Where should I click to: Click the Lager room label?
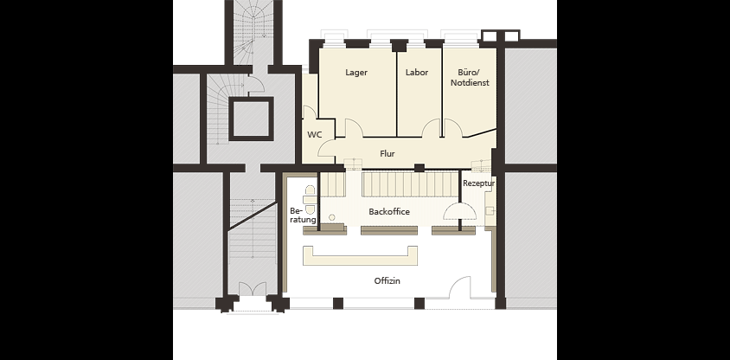tap(356, 72)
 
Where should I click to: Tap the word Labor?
tap(417, 72)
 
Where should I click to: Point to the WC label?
tap(315, 135)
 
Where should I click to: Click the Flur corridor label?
tap(387, 154)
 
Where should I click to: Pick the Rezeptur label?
tap(478, 183)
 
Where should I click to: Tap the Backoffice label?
tap(389, 211)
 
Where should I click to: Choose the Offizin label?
tap(387, 281)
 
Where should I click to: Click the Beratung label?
tap(303, 215)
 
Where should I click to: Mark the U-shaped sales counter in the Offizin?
tap(360, 260)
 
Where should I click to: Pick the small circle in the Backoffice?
tap(332, 217)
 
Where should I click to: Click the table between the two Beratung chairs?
tap(309, 200)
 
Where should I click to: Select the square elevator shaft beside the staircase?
tap(251, 119)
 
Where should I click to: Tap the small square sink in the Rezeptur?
tap(490, 211)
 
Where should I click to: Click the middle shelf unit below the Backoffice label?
tap(389, 230)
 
